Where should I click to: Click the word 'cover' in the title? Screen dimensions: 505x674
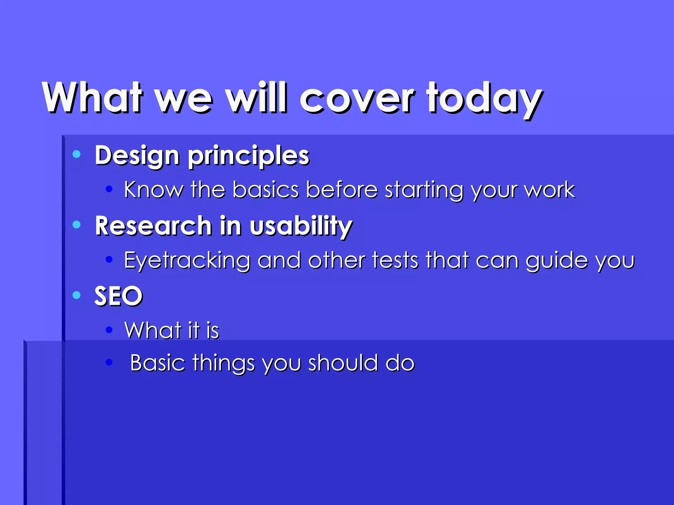357,99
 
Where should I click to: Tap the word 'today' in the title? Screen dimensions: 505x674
484,99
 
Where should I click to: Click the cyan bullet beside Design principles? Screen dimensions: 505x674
76,154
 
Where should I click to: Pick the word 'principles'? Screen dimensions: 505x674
248,156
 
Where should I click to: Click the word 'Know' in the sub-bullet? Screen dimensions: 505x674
153,190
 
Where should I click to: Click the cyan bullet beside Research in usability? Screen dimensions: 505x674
76,225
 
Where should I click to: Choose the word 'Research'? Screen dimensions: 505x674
153,226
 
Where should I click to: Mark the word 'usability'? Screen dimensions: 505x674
301,227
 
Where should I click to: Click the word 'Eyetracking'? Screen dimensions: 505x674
187,261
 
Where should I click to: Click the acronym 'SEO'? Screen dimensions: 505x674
118,296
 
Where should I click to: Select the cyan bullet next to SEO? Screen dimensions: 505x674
76,295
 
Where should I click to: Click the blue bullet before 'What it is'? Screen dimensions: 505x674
109,329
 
